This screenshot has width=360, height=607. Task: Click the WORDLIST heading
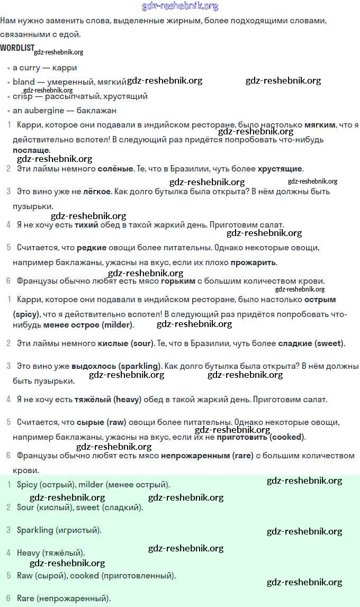click(16, 48)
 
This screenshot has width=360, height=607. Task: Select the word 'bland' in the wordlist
click(23, 82)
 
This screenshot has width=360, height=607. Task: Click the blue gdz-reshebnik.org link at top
click(180, 6)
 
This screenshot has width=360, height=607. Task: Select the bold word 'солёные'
click(115, 169)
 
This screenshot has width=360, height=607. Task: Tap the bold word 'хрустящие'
click(280, 169)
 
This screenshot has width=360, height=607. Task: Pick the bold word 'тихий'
click(86, 224)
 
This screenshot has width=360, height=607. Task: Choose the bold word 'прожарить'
click(253, 262)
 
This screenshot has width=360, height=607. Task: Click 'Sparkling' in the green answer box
click(35, 530)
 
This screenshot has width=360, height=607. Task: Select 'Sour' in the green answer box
click(25, 507)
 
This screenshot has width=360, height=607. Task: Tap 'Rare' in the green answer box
click(25, 599)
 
